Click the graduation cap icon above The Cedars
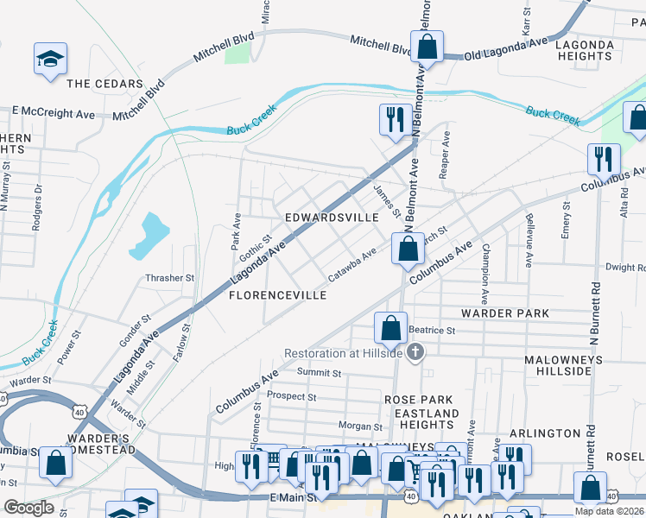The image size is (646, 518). [x=50, y=59]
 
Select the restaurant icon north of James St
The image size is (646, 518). [x=396, y=119]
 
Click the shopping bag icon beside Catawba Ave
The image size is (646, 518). [x=408, y=249]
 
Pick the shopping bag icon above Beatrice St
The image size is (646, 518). [x=390, y=327]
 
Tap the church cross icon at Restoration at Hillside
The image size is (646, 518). [x=415, y=351]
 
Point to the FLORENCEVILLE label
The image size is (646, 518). [x=277, y=295]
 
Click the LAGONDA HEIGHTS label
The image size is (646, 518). [x=585, y=50]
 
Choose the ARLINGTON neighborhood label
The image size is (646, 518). [x=545, y=433]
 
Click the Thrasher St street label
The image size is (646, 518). [x=170, y=278]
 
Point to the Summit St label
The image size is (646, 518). [x=320, y=373]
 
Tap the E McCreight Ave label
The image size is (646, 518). [x=54, y=114]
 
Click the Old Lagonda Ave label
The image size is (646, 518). [x=506, y=48]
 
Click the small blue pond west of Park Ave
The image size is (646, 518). [x=149, y=235]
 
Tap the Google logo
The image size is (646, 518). [x=28, y=508]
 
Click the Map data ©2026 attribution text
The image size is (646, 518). [x=610, y=510]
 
